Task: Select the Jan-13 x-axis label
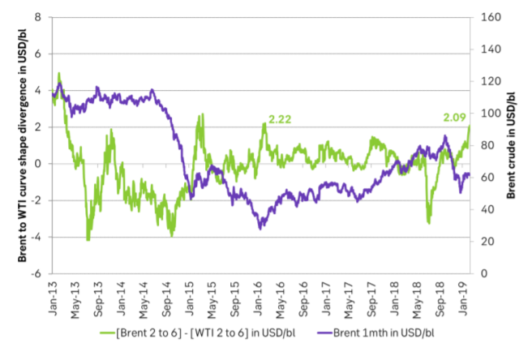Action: coord(55,294)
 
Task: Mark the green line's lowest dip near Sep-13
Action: coord(88,239)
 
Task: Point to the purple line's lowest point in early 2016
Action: coord(260,228)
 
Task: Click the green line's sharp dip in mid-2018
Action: coord(428,222)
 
